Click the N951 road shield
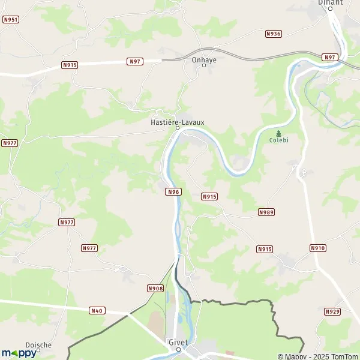click(11, 20)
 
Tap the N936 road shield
click(274, 34)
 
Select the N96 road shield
click(173, 191)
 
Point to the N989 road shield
click(266, 212)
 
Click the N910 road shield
click(318, 248)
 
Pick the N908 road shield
click(155, 289)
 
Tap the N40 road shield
click(97, 310)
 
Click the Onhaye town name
click(203, 59)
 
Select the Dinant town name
click(330, 2)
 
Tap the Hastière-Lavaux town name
click(177, 122)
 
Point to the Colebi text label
click(278, 141)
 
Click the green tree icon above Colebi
click(278, 133)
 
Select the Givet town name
click(178, 342)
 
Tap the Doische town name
click(38, 345)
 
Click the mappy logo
click(19, 353)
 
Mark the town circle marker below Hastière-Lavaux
click(177, 128)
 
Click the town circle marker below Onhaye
click(203, 65)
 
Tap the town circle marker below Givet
click(178, 349)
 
